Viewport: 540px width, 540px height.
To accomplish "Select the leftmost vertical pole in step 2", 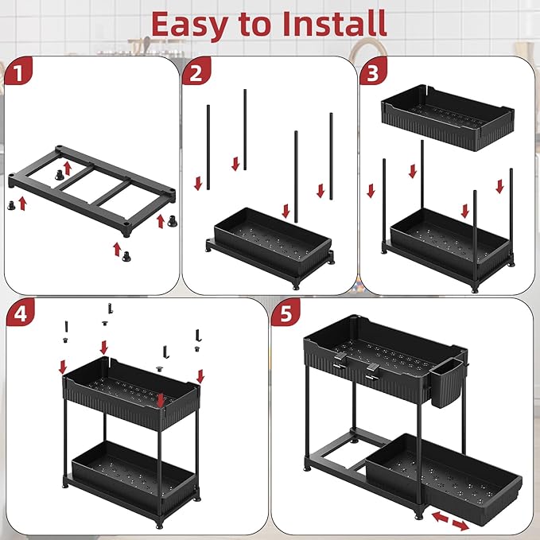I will click(208, 147).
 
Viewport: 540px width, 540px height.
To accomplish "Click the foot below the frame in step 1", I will click(126, 265).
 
